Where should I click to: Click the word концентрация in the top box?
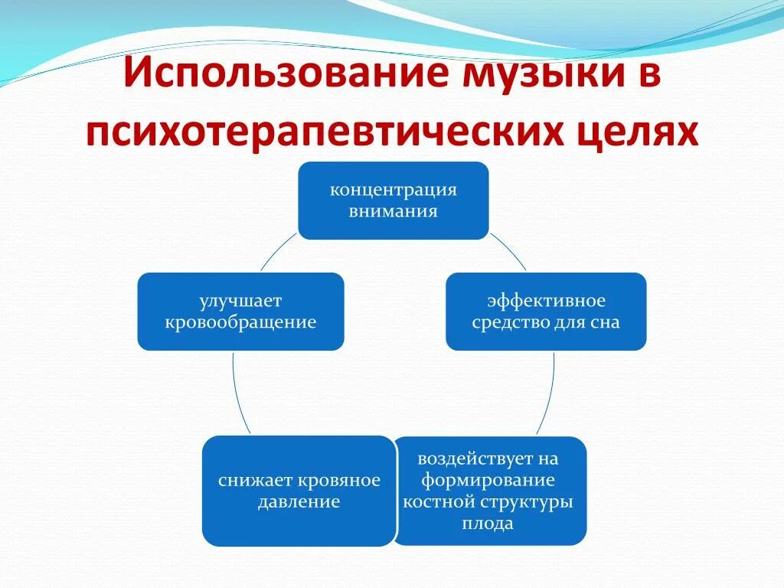point(393,190)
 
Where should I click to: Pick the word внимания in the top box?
point(393,211)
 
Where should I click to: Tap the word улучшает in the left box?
point(240,301)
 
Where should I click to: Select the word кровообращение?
point(240,322)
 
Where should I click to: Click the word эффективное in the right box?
point(546,301)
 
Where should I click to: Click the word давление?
point(299,502)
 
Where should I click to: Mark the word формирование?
point(488,481)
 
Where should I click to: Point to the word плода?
point(488,524)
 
